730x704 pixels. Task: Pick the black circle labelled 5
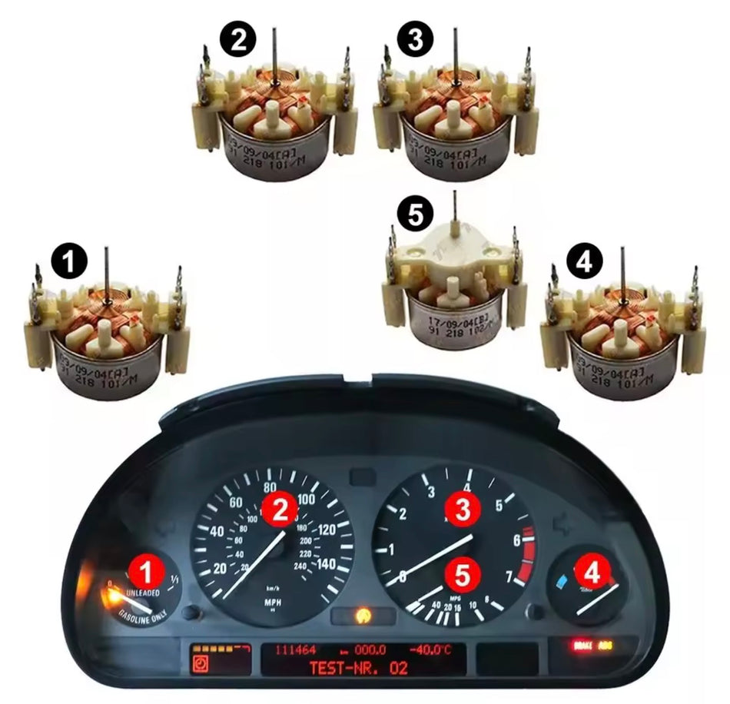[416, 216]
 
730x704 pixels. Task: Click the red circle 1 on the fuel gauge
[146, 571]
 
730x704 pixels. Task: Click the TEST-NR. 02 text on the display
[358, 668]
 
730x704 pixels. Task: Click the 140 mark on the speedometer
[326, 564]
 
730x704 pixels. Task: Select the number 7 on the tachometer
[508, 576]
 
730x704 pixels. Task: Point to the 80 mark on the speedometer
[270, 487]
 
